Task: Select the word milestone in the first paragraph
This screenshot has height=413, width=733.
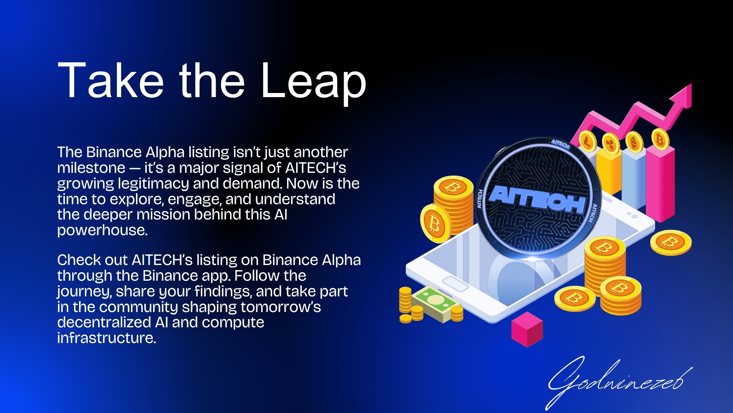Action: point(91,168)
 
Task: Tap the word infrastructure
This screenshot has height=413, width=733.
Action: point(107,338)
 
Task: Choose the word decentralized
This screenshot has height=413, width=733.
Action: point(104,322)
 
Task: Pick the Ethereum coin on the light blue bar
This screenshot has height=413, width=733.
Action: point(635,142)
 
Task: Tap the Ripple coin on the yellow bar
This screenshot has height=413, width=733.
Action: point(611,144)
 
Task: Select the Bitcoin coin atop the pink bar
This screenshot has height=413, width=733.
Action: point(660,140)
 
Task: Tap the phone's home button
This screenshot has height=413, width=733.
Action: point(455,284)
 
